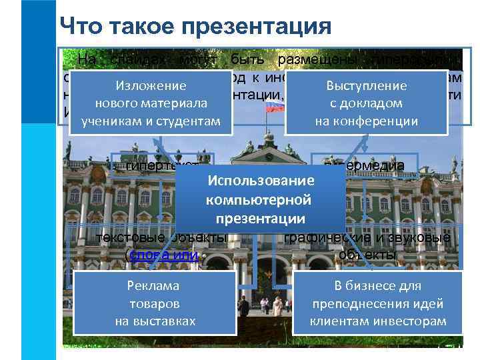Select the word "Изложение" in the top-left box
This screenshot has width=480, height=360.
(151, 86)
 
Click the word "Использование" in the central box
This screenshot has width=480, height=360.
(261, 181)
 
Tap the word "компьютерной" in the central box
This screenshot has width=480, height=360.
(259, 200)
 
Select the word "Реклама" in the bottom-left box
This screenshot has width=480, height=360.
(154, 286)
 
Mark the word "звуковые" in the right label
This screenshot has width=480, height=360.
(420, 239)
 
